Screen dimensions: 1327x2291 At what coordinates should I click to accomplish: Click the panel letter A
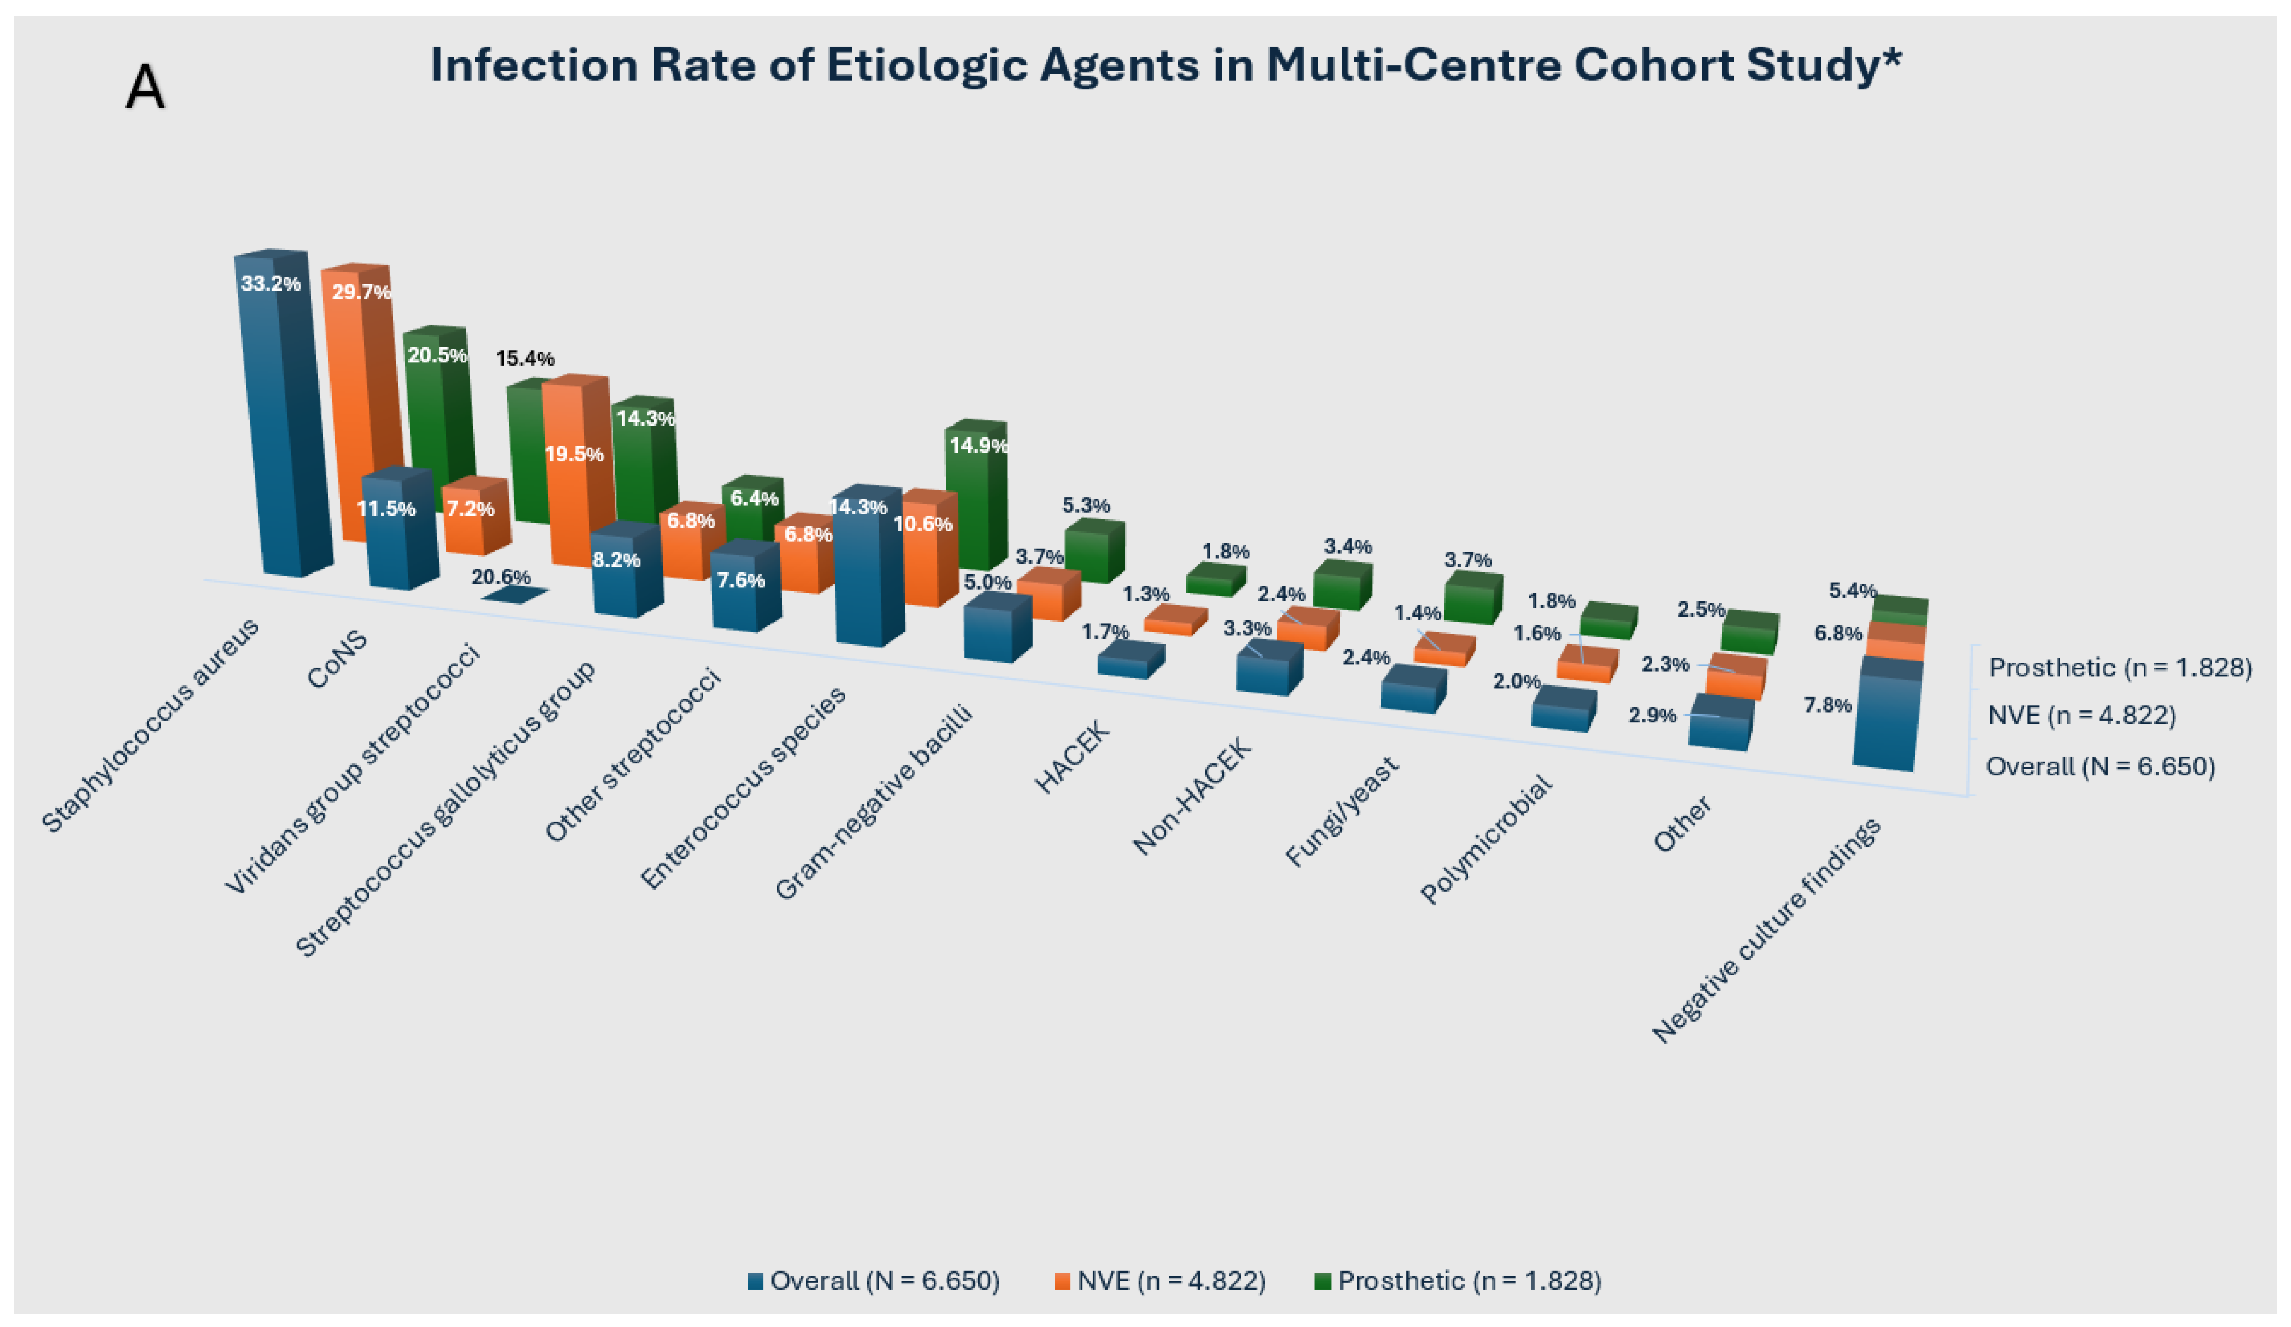point(145,88)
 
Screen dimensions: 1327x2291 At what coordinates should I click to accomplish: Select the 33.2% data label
point(270,284)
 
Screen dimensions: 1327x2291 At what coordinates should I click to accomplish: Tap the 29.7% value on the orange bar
point(361,292)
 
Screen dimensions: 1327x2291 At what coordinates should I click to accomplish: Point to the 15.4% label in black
point(525,359)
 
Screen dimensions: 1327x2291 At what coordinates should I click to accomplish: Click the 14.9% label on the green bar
point(978,445)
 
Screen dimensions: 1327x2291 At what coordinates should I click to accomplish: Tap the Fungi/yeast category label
point(1342,812)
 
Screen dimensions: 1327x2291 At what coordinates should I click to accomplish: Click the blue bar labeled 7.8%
point(1886,719)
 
